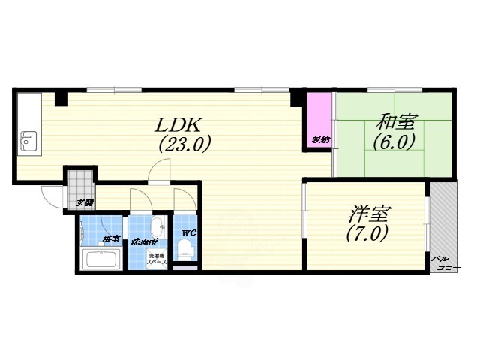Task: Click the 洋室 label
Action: point(367,214)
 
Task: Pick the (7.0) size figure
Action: point(367,234)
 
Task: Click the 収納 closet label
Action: point(321,139)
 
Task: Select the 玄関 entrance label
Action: point(85,202)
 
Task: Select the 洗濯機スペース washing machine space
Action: point(156,259)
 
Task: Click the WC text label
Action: point(189,232)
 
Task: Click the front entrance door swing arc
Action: point(52,196)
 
